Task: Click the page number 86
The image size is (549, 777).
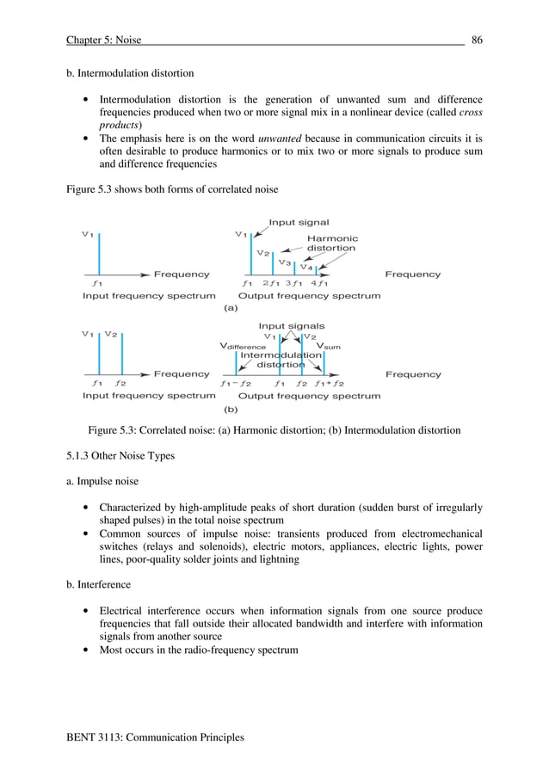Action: click(476, 39)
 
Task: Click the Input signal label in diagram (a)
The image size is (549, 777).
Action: click(299, 223)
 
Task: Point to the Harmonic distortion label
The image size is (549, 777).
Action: click(332, 244)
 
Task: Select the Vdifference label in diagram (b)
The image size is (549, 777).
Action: click(243, 346)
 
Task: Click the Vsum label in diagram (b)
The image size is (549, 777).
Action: click(329, 346)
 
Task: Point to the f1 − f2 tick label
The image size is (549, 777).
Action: click(236, 384)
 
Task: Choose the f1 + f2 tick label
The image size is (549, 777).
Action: click(329, 384)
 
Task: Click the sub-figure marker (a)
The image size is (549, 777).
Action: click(231, 307)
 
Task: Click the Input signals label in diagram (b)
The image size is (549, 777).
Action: click(292, 326)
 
